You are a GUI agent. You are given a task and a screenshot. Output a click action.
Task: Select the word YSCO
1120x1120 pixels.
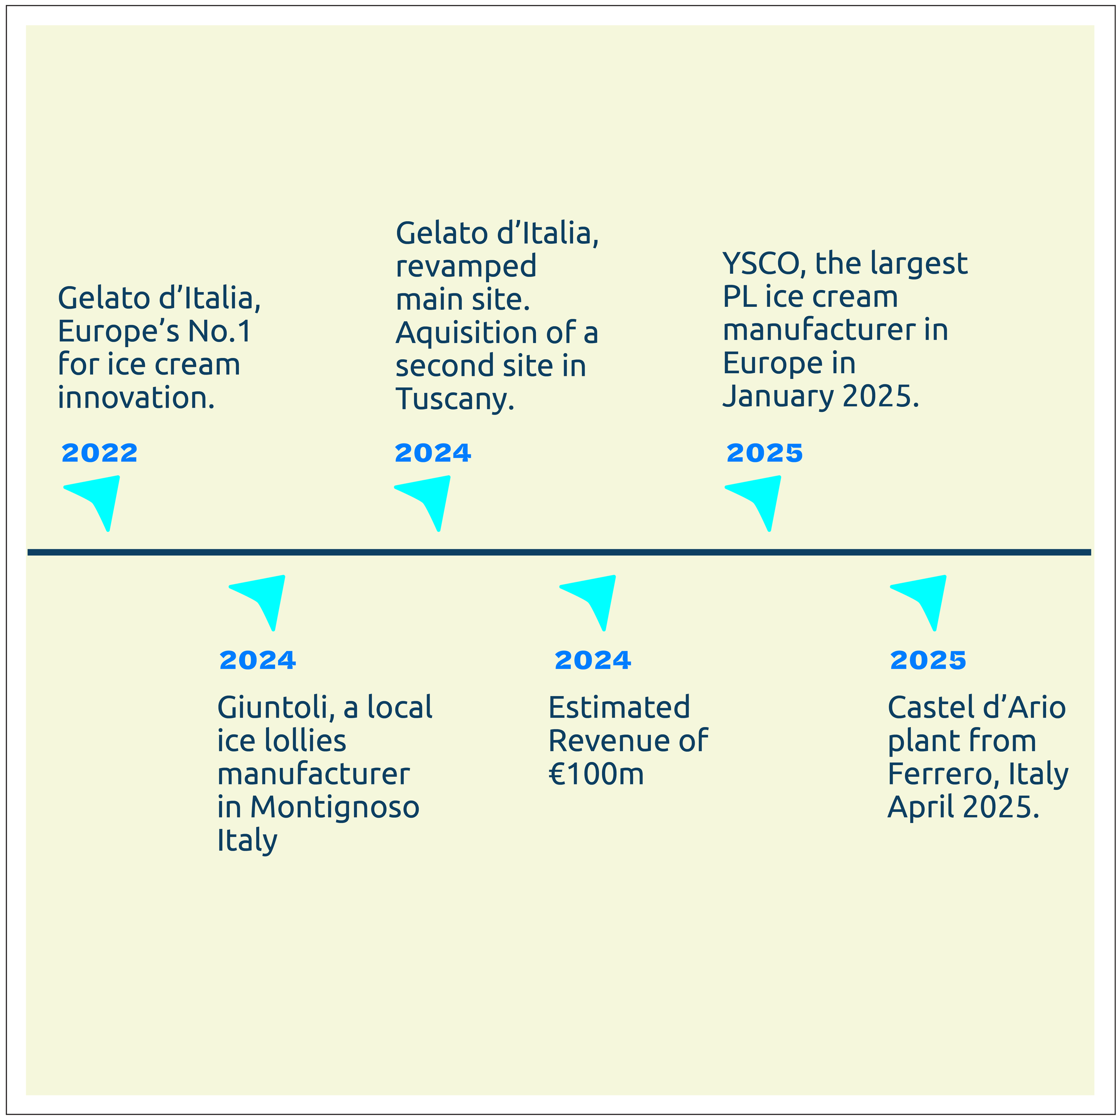(760, 264)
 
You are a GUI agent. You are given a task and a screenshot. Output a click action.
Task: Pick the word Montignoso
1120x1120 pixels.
(335, 807)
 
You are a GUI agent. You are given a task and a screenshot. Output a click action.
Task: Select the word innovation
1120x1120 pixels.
(136, 398)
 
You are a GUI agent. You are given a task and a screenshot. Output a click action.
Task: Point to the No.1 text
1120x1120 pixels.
(219, 332)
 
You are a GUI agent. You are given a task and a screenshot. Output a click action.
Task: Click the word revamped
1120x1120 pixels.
(465, 267)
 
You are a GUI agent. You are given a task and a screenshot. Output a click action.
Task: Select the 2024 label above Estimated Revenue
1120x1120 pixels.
(592, 660)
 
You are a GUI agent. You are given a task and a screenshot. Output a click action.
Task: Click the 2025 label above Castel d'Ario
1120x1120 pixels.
(927, 660)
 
